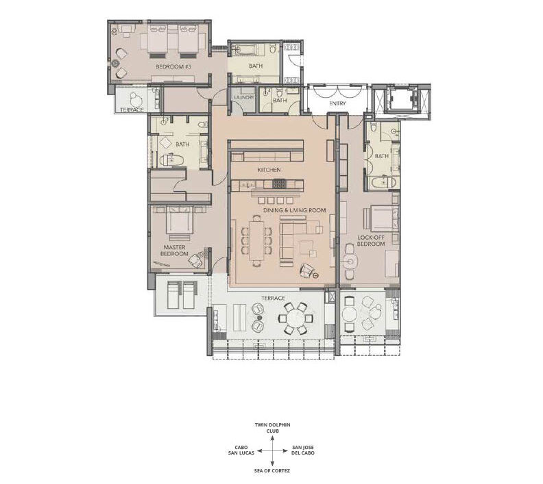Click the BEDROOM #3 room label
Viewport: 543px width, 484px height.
(173, 66)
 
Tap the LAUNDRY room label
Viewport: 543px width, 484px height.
(244, 97)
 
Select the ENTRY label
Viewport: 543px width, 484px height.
(337, 103)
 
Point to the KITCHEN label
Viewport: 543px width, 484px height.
(269, 170)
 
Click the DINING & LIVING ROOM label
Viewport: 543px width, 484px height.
(294, 210)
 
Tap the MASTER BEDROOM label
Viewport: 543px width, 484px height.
(175, 251)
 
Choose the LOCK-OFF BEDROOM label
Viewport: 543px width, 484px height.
(371, 240)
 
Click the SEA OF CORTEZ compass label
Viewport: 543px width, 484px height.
(272, 470)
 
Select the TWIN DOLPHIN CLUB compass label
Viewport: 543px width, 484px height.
(273, 428)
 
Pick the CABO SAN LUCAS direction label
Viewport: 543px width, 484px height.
(241, 450)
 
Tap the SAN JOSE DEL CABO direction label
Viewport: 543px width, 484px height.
(303, 450)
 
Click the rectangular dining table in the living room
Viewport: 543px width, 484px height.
(256, 240)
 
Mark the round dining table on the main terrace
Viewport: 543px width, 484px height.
(295, 318)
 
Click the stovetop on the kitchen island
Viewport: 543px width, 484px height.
(280, 183)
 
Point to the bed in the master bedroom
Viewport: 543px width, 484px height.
(179, 220)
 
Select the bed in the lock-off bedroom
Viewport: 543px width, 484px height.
(385, 218)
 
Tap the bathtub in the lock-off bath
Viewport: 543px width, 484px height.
(382, 183)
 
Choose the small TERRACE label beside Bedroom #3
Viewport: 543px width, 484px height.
(132, 110)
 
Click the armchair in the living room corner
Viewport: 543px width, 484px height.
(306, 270)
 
